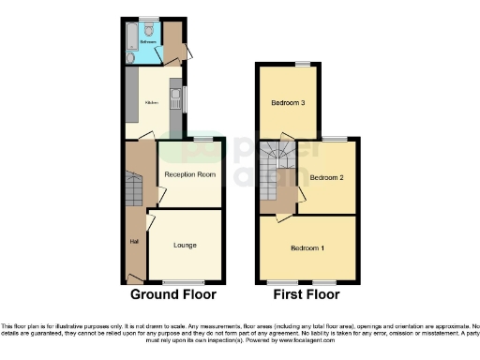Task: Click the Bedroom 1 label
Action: pos(307,247)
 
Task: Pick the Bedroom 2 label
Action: pos(328,176)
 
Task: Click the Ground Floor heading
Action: pos(172,294)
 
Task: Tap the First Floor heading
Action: pos(307,294)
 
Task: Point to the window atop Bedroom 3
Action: pos(302,63)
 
